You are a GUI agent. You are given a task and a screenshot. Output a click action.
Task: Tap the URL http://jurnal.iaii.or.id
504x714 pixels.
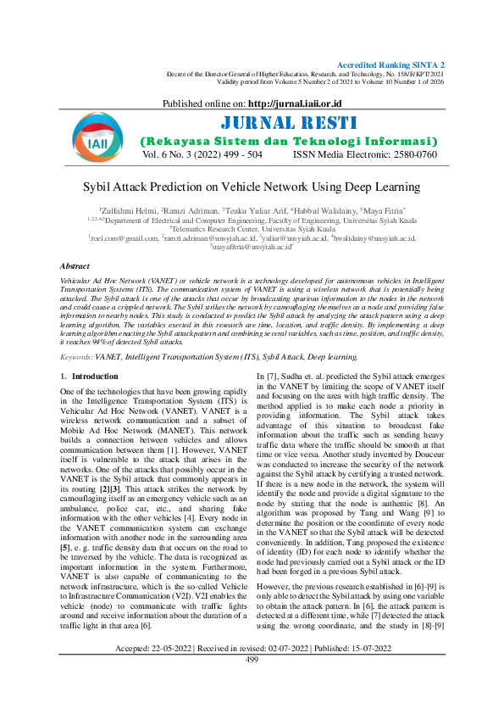point(299,103)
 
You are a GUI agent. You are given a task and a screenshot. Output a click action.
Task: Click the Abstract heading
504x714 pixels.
point(75,266)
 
